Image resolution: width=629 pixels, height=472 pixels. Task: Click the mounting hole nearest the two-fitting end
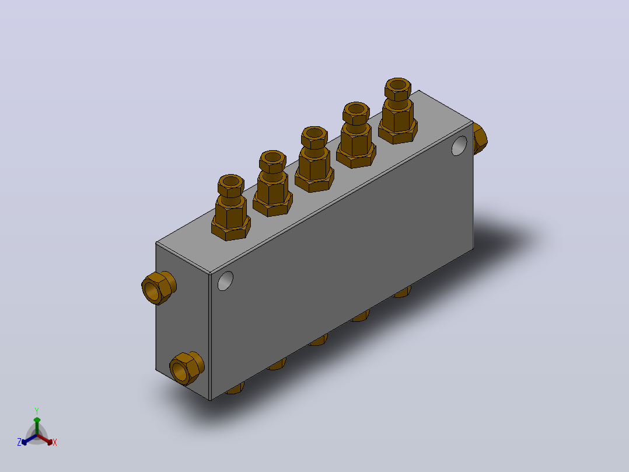[225, 281]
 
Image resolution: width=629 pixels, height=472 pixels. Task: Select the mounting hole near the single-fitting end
[459, 145]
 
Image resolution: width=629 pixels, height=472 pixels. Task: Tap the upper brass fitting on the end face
[159, 287]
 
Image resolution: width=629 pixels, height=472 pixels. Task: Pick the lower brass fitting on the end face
[187, 368]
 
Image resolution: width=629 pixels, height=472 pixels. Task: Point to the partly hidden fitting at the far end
[480, 138]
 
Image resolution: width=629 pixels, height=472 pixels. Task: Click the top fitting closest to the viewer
[230, 208]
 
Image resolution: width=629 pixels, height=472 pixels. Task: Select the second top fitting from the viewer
[272, 183]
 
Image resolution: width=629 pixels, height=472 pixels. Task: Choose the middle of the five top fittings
[314, 159]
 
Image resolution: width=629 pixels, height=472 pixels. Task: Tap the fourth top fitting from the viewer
[356, 135]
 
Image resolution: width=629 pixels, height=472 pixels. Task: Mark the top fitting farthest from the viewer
[397, 111]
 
